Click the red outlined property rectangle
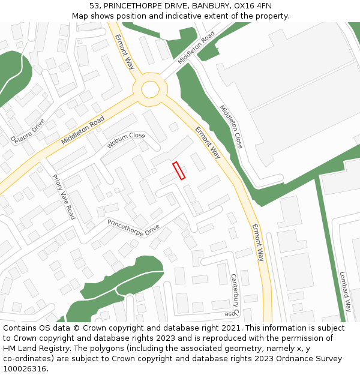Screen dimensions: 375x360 (x=179, y=170)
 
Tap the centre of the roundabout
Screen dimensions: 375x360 (x=150, y=89)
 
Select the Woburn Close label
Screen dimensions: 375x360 (x=126, y=140)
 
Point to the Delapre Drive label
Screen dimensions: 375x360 (x=28, y=131)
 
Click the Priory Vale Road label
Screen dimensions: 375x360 (x=64, y=196)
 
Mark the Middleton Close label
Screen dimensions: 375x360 (x=231, y=127)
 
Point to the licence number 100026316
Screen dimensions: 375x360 (x=25, y=369)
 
